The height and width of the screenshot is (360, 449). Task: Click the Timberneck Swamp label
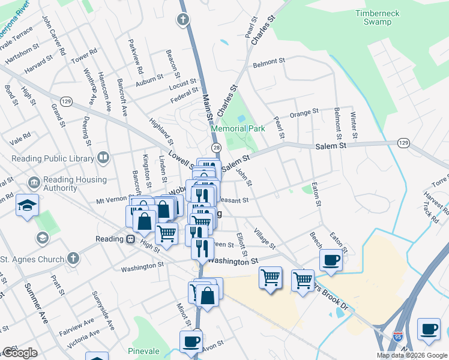click(x=381, y=17)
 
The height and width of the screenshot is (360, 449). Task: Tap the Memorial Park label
click(x=238, y=128)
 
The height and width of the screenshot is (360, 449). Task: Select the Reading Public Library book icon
click(x=103, y=158)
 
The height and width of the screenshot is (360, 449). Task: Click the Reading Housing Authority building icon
click(x=34, y=181)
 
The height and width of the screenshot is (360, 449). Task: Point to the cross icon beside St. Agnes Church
click(x=72, y=259)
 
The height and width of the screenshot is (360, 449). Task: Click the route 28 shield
click(x=216, y=148)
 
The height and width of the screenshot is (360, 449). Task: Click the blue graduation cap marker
click(x=28, y=206)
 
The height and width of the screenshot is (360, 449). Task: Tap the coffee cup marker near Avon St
click(x=191, y=341)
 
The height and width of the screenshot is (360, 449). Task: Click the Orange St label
click(x=304, y=113)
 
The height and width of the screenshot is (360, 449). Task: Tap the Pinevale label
click(x=144, y=351)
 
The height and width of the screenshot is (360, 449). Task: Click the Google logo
click(x=20, y=353)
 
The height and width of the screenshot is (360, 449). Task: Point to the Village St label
click(x=264, y=238)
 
